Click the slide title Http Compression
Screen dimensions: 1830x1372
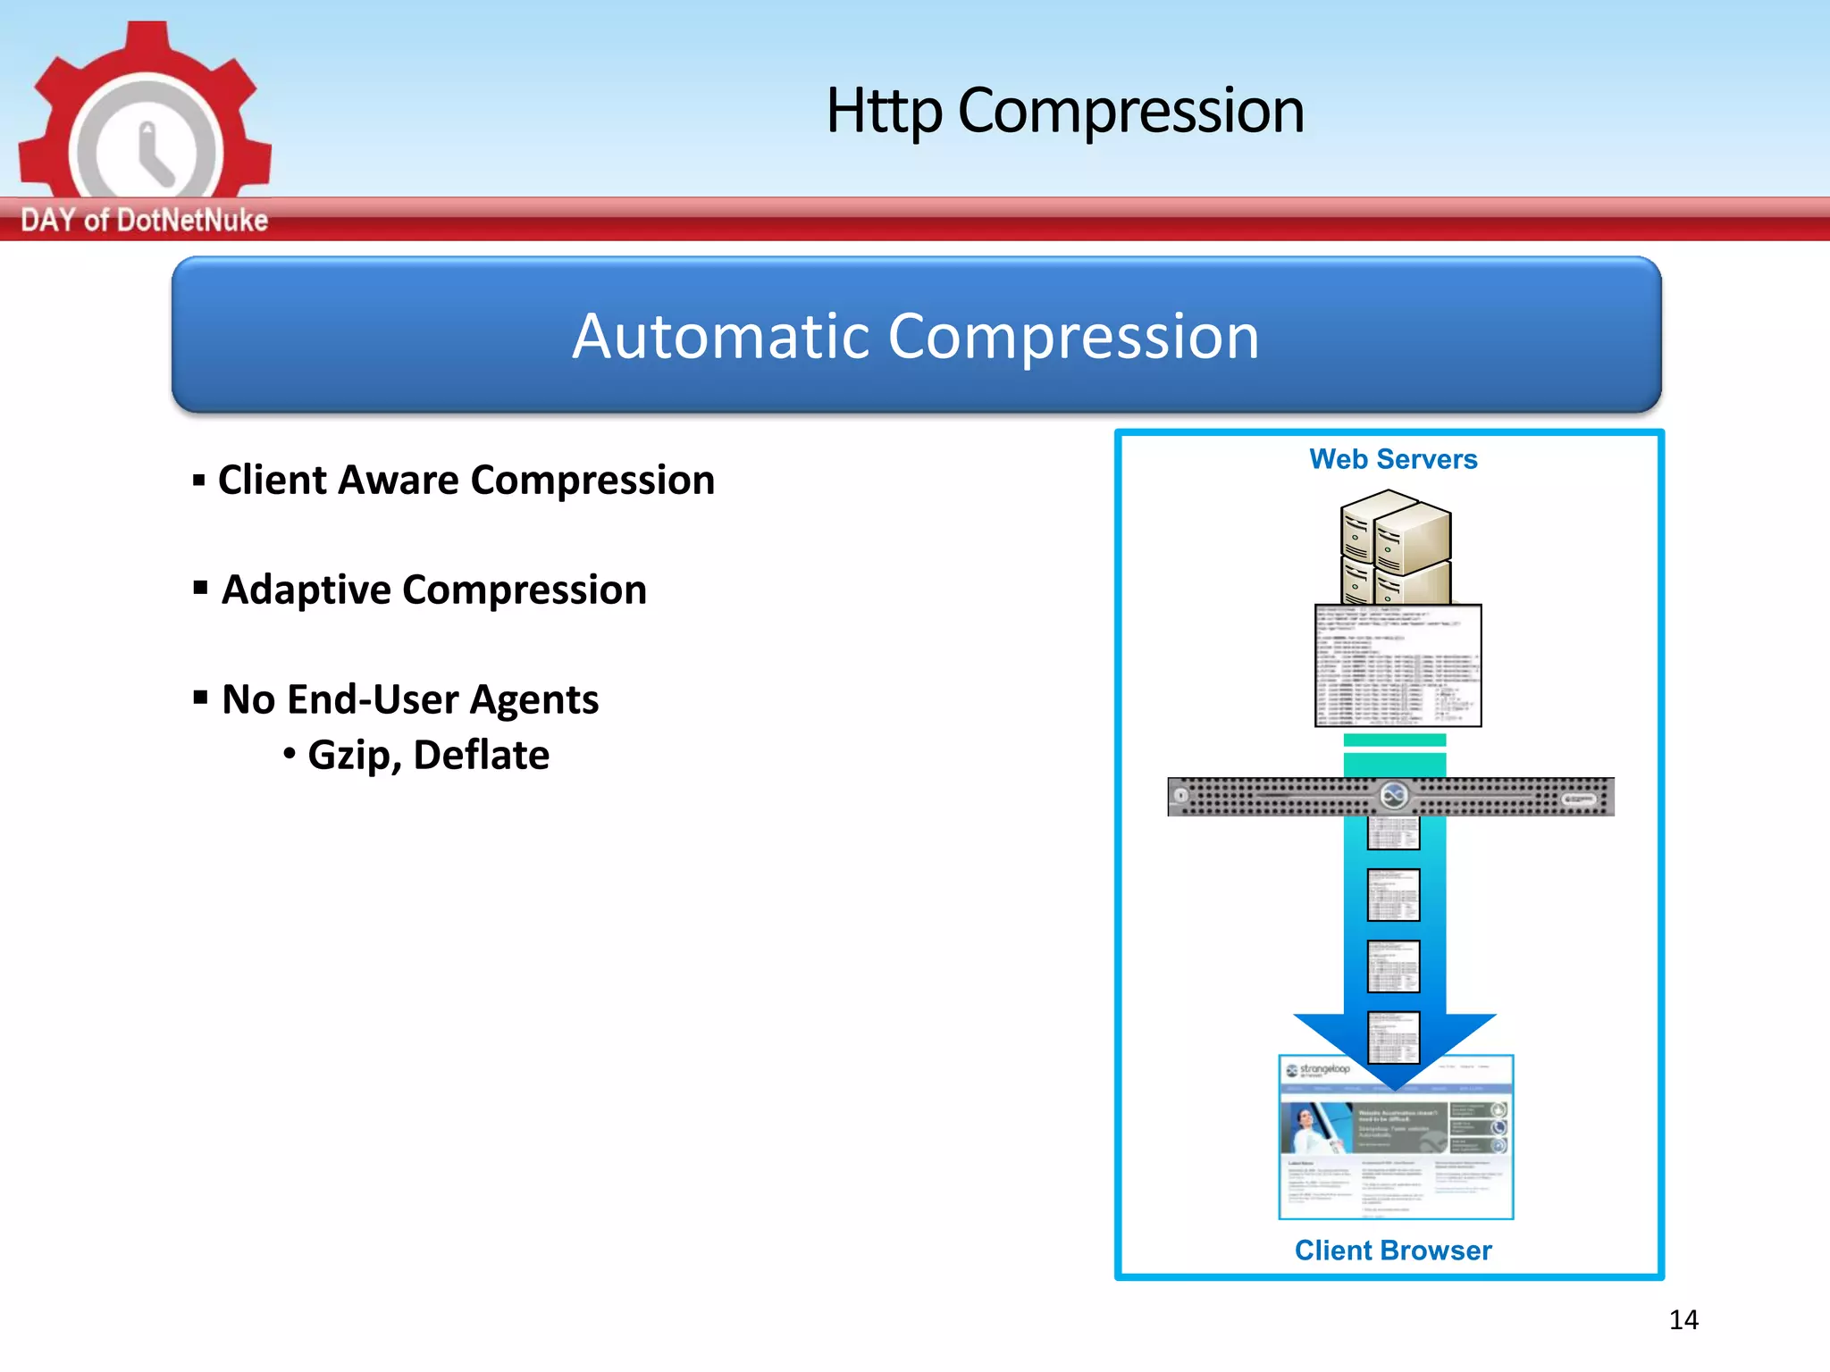pos(1064,111)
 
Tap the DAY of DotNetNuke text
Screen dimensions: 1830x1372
pos(144,220)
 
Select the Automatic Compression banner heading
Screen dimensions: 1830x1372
pos(916,337)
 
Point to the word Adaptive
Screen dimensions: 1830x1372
pos(306,590)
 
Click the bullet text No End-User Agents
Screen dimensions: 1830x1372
pos(409,699)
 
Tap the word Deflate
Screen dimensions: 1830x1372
pos(481,756)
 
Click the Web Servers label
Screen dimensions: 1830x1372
pos(1393,459)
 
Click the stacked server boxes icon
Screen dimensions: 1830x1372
pos(1395,546)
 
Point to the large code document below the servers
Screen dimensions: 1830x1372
pos(1398,665)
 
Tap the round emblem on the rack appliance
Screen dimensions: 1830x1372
pos(1393,794)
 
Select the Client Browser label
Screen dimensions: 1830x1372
pos(1393,1251)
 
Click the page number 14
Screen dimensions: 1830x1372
pos(1683,1320)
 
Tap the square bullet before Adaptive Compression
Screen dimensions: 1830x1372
pos(201,588)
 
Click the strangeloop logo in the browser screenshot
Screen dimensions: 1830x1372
pos(1318,1070)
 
